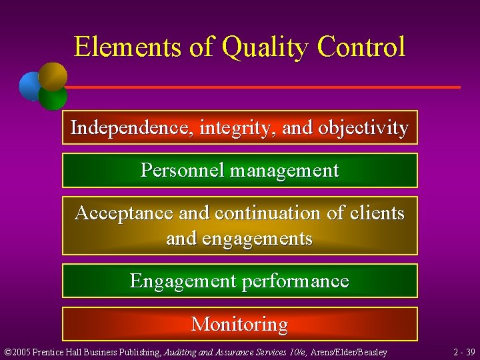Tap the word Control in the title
[x=361, y=47]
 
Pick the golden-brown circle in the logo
[x=53, y=75]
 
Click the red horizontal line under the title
[x=267, y=87]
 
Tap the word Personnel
[x=182, y=171]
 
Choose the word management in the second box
[x=285, y=171]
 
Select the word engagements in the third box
[x=254, y=238]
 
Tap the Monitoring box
[x=239, y=324]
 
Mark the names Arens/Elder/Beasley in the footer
[x=349, y=351]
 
